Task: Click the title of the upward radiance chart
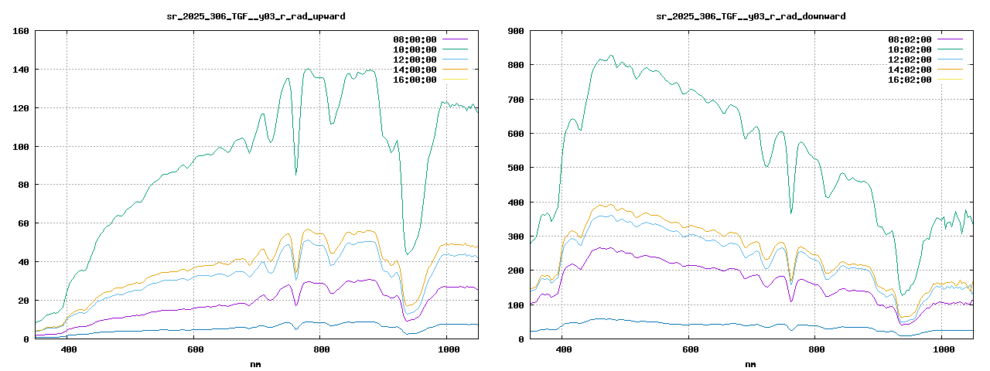[x=255, y=16]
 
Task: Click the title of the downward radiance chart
[x=750, y=16]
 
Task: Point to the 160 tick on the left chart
[x=21, y=31]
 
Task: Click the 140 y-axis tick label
[x=21, y=70]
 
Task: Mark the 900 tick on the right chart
[x=516, y=31]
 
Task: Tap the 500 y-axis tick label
[x=516, y=168]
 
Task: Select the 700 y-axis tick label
[x=516, y=100]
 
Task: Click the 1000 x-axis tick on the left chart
[x=446, y=350]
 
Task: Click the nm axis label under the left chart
[x=255, y=364]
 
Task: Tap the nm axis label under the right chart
[x=750, y=364]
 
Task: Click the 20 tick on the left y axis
[x=24, y=301]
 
